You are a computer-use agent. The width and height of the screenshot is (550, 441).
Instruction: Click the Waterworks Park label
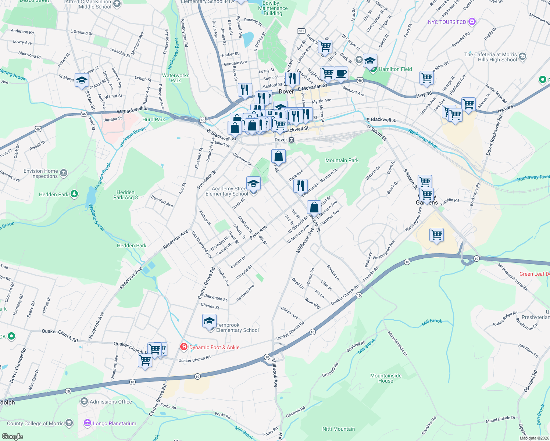[x=176, y=78]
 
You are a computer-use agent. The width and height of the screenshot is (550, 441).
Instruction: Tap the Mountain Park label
[x=342, y=160]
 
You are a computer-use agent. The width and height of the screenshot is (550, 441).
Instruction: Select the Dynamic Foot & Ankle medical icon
[x=183, y=347]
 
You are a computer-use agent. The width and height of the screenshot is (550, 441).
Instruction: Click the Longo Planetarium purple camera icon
[x=87, y=423]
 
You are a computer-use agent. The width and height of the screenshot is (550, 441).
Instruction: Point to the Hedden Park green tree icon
[x=74, y=194]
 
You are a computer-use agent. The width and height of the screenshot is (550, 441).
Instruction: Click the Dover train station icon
[x=291, y=140]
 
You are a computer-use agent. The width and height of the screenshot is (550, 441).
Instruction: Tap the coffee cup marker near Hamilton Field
[x=341, y=73]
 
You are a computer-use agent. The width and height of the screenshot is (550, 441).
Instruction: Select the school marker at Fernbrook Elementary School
[x=209, y=321]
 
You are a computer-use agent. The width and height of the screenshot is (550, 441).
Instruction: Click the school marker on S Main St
[x=82, y=80]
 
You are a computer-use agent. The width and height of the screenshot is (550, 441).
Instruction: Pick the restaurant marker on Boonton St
[x=300, y=186]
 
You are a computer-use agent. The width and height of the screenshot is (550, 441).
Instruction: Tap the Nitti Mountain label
[x=338, y=429]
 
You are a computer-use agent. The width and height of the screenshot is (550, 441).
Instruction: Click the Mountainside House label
[x=386, y=378]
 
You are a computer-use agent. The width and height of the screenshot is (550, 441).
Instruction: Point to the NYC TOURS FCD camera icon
[x=472, y=22]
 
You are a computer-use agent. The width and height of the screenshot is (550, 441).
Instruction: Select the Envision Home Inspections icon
[x=64, y=173]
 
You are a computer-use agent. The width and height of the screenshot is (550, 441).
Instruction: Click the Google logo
[x=12, y=436]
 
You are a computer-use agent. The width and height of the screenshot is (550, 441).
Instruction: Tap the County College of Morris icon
[x=69, y=423]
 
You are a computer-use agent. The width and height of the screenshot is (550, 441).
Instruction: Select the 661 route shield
[x=301, y=31]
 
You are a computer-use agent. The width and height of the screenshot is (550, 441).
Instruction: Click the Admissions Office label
[x=111, y=402]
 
